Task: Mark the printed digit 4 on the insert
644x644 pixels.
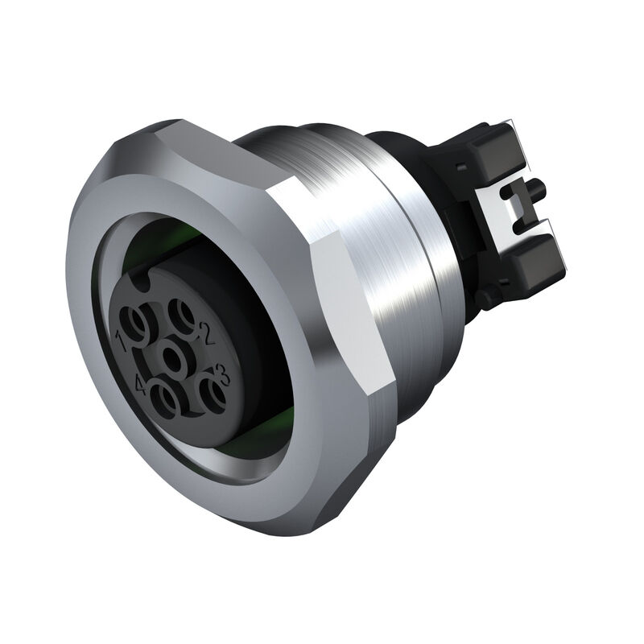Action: pos(143,387)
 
